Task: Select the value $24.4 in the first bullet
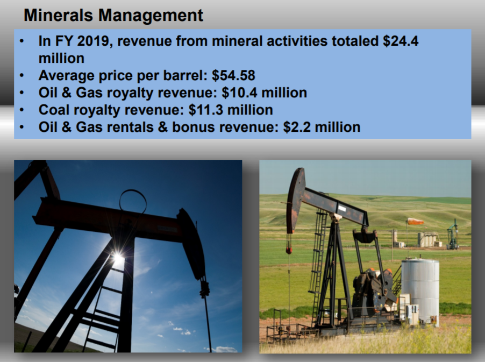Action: coord(401,41)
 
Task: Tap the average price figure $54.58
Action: coord(233,75)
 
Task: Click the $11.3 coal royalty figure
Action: coord(205,110)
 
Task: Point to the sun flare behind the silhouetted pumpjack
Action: coord(118,259)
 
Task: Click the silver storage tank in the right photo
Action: coord(420,290)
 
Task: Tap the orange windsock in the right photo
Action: coord(415,221)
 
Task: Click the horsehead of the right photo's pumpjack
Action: coord(295,199)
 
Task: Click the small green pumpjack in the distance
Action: coord(453,235)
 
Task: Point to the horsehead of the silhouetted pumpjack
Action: coord(191,242)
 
